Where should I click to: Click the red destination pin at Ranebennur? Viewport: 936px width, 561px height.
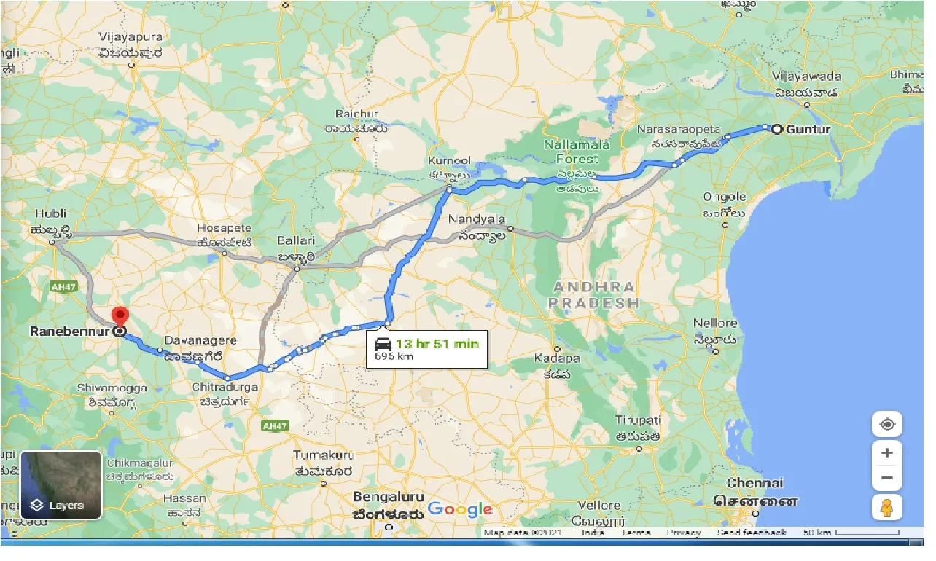click(x=119, y=317)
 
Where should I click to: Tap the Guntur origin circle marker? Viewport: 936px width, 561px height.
click(x=777, y=129)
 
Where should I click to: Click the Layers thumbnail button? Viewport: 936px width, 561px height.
click(x=61, y=484)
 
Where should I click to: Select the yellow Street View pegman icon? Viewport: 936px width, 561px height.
click(x=886, y=507)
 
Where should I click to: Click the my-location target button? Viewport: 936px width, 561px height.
click(x=886, y=424)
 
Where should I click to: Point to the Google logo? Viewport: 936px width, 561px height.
click(x=460, y=509)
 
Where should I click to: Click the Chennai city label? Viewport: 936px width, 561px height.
click(x=754, y=483)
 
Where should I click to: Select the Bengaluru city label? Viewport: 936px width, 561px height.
click(x=388, y=496)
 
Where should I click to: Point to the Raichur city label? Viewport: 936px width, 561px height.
click(x=356, y=114)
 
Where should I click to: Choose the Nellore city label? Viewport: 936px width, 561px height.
click(x=715, y=323)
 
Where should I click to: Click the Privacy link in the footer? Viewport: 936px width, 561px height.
click(x=683, y=533)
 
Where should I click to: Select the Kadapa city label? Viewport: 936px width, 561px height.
click(x=557, y=358)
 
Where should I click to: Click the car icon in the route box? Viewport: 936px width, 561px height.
click(x=383, y=344)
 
